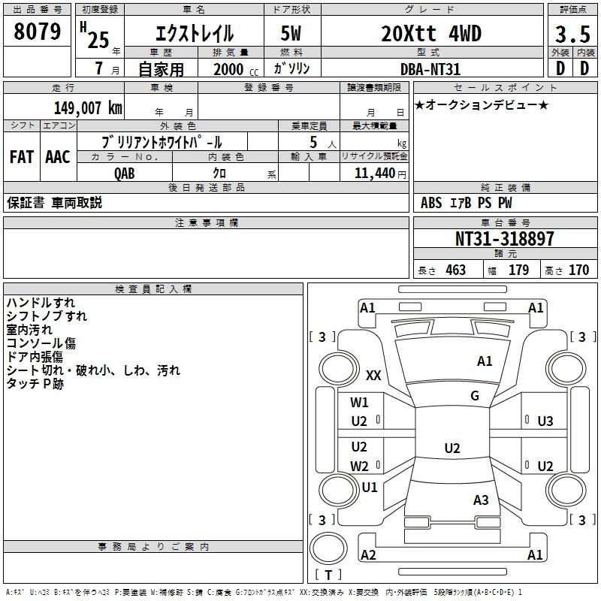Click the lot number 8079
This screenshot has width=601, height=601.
[37, 32]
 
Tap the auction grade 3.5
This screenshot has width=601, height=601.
[572, 35]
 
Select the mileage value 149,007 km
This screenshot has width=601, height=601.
[88, 108]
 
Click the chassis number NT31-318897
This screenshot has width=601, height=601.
[505, 238]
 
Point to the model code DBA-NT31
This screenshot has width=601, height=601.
[430, 69]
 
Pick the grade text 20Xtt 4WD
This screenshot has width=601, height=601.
[431, 34]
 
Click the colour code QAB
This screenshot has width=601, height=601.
[125, 174]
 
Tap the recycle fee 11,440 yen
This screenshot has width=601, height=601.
[380, 174]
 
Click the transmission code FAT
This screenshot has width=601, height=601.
[22, 157]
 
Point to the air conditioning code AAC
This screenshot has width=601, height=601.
[58, 157]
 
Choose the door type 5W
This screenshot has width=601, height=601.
[291, 33]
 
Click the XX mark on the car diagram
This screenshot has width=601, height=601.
[373, 375]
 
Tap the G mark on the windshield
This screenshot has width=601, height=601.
[475, 396]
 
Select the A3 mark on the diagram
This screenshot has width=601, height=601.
[481, 500]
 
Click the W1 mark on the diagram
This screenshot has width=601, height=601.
[359, 403]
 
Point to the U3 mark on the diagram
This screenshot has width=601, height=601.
[545, 421]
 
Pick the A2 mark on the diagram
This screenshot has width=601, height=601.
[368, 554]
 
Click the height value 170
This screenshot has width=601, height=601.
[578, 270]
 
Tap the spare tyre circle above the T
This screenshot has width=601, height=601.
[328, 548]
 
